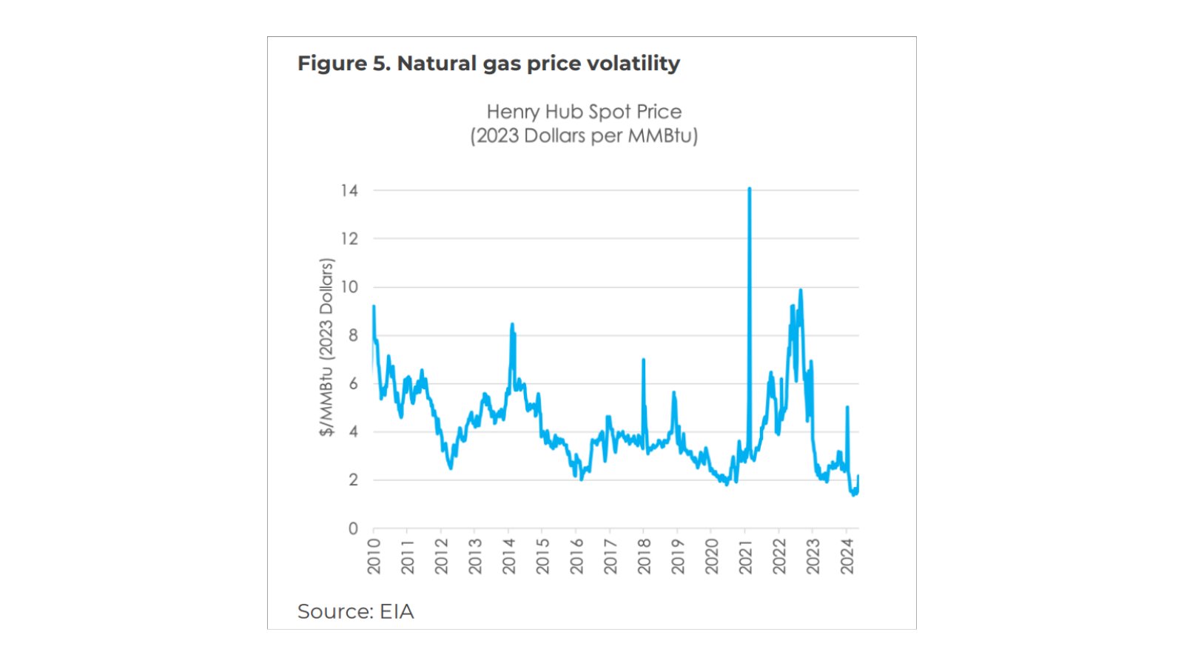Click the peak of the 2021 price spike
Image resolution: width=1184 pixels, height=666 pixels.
(749, 189)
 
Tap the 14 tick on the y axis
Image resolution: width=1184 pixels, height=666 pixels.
(349, 191)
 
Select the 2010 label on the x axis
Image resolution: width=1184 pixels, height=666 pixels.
(374, 556)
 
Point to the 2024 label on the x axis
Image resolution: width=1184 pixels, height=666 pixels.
(847, 556)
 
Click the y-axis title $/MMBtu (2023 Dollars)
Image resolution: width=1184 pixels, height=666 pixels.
(326, 347)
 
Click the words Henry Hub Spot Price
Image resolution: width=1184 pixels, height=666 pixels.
(584, 112)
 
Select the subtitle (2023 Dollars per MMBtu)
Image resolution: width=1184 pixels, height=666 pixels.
(584, 136)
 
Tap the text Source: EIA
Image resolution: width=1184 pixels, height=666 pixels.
(355, 611)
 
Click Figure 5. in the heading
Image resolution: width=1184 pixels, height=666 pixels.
(343, 64)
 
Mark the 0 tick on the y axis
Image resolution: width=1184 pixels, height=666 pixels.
(353, 528)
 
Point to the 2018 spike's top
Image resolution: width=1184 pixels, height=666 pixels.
(643, 360)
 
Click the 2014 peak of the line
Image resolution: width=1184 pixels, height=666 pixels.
(511, 324)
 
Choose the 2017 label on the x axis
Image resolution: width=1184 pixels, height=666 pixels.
(610, 556)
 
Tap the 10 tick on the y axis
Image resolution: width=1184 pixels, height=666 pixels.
(349, 287)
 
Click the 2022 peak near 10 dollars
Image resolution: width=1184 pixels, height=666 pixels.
(800, 291)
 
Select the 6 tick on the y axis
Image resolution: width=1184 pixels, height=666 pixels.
(353, 383)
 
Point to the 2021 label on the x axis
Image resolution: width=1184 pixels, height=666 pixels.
(746, 556)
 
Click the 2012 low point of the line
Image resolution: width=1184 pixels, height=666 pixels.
(451, 468)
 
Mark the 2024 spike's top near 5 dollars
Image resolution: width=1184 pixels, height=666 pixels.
(847, 407)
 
